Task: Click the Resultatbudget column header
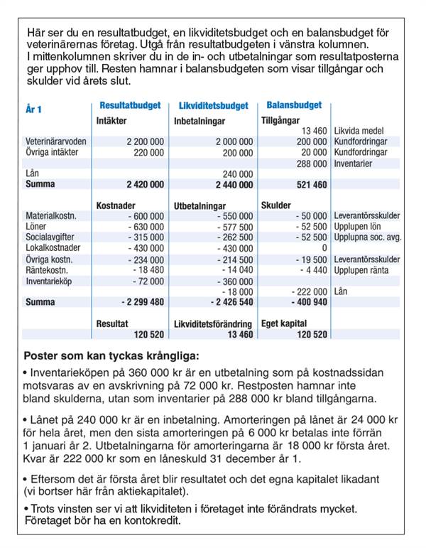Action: coord(130,105)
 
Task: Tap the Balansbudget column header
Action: coord(294,105)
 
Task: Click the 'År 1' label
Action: coord(33,109)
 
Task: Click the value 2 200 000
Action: coord(145,142)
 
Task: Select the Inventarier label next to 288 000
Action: coord(353,163)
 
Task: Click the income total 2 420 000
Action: coord(145,184)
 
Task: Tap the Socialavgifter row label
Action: coord(48,238)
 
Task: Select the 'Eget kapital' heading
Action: coord(284,323)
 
